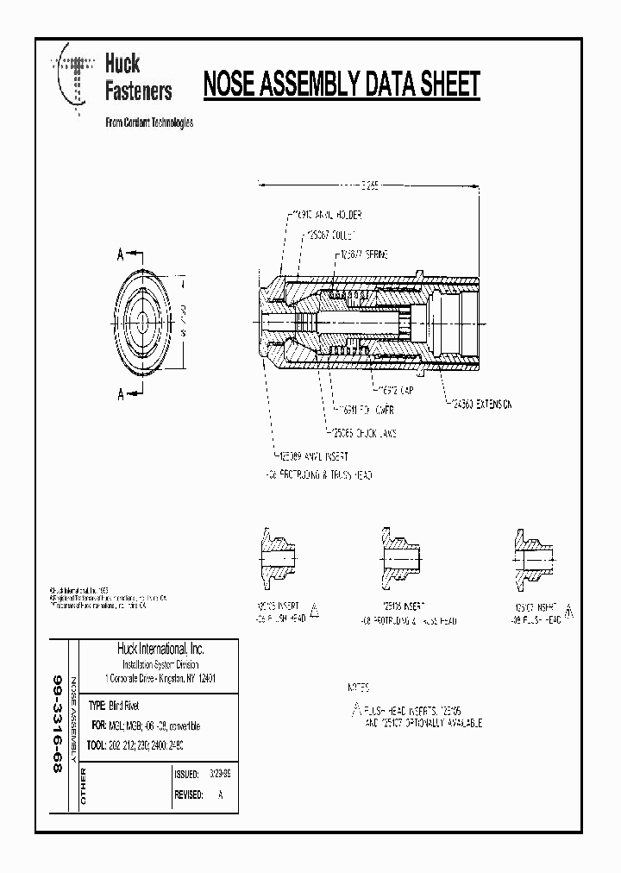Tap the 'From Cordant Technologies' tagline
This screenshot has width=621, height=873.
coord(148,122)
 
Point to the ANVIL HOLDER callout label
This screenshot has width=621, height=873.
coord(323,215)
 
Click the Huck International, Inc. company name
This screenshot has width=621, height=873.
coord(160,649)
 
